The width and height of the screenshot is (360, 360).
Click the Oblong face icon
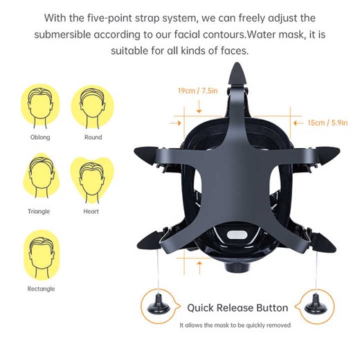[41, 107]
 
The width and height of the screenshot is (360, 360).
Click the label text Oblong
[41, 138]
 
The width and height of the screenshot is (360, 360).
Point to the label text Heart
[91, 212]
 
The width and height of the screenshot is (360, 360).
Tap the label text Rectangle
[41, 289]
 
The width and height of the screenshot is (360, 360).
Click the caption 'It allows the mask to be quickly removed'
[235, 325]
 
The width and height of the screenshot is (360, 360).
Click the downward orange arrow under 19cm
[199, 106]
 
